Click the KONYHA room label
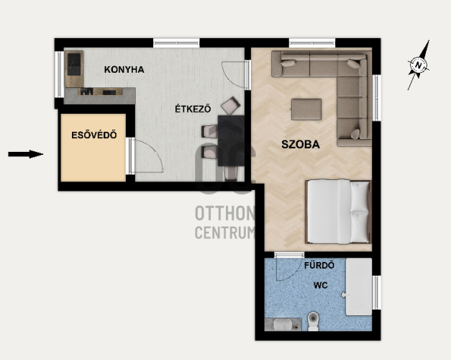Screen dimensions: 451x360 point(124,70)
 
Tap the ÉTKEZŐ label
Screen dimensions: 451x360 point(193,109)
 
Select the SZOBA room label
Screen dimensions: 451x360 point(300,144)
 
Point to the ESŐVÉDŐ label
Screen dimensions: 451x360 point(94,135)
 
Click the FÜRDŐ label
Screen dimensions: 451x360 point(319,265)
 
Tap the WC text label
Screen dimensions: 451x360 point(320,285)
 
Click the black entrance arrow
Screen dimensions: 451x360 point(26,154)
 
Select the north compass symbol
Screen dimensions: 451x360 point(419,65)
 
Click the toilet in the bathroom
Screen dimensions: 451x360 point(313,321)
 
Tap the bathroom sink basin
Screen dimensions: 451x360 point(283,325)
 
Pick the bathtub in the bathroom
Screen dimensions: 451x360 point(359,287)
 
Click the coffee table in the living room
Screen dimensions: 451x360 point(306,109)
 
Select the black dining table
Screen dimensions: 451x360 point(231,140)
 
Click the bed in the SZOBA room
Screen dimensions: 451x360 point(338,212)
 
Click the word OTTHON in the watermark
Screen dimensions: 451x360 point(225,213)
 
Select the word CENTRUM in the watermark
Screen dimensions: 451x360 point(225,233)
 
